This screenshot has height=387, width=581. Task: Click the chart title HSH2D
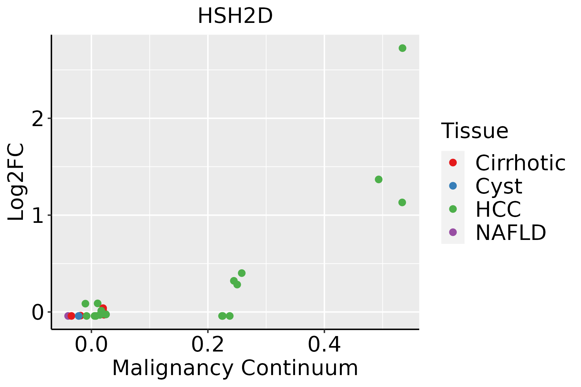[x=235, y=16]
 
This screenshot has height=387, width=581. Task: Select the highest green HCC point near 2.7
[x=402, y=48]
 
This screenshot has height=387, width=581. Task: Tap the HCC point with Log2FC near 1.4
[x=379, y=179]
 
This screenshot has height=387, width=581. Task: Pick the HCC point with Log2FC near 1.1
[x=402, y=203]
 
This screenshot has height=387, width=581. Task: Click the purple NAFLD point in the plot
[x=68, y=316]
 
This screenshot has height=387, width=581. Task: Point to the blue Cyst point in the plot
[x=79, y=316]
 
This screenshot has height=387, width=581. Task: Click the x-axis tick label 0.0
[x=91, y=345]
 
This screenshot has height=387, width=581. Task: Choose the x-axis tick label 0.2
[x=208, y=345]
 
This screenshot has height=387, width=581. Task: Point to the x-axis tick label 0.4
[x=324, y=345]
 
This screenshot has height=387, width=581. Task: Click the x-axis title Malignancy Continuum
[x=235, y=368]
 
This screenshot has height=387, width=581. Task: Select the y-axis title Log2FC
[x=16, y=182]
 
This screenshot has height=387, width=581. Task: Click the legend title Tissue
[x=475, y=131]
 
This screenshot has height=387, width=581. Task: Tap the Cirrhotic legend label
[x=520, y=163]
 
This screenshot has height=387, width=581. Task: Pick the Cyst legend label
[x=499, y=186]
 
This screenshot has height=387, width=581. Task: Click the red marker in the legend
[x=453, y=163]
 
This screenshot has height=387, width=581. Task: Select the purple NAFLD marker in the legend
[x=453, y=232]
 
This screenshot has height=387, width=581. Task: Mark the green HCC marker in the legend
[x=453, y=209]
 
